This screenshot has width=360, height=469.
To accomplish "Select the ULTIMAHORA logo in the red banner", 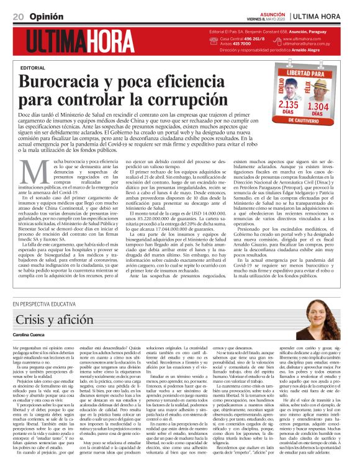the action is pos(81,42).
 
